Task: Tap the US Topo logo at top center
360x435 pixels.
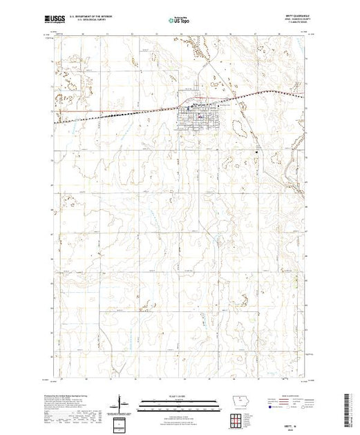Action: (180, 20)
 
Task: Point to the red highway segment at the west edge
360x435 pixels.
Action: (76, 110)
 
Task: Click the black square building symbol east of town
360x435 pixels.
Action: (256, 151)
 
